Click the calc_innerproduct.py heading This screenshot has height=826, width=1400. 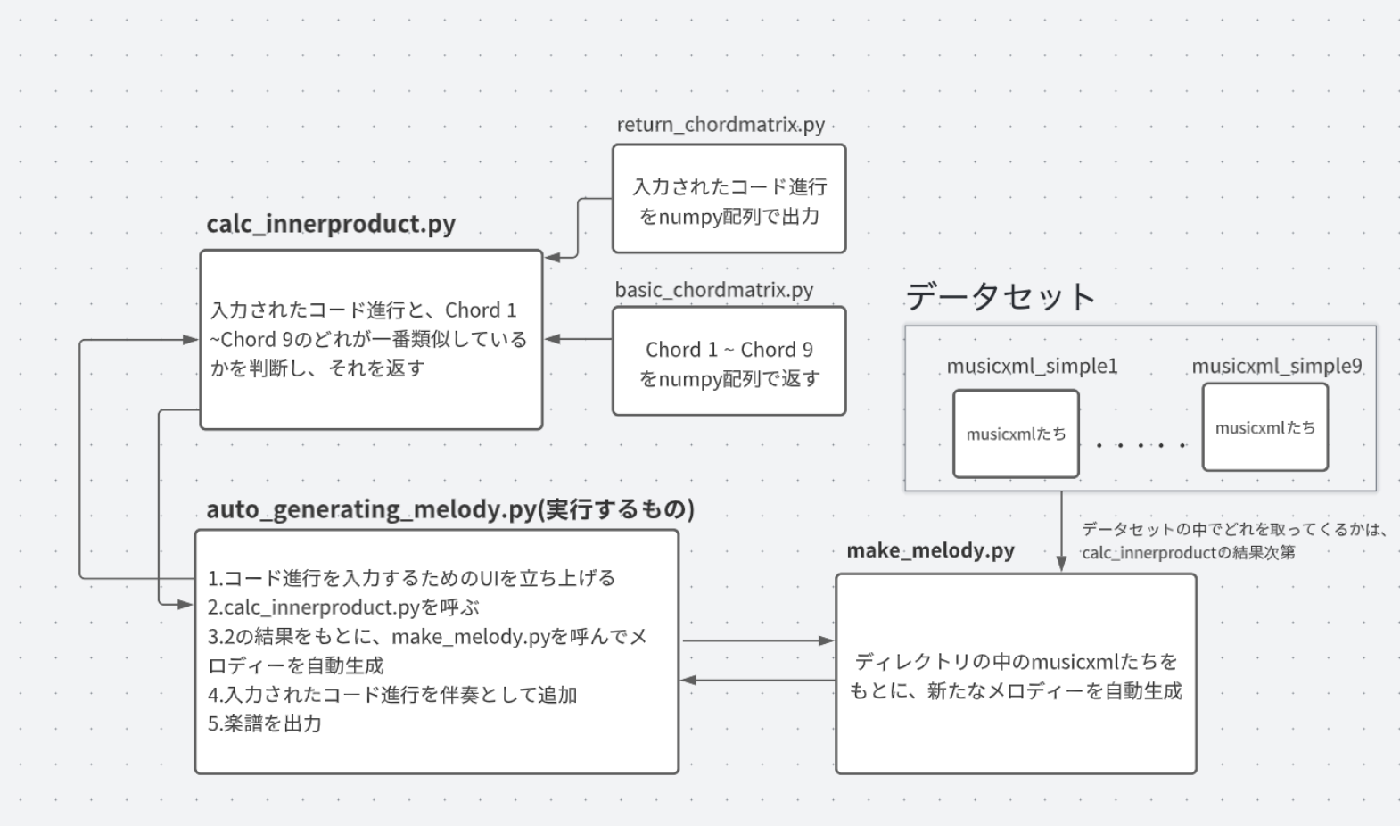tap(331, 224)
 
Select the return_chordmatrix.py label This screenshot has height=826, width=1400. tap(721, 125)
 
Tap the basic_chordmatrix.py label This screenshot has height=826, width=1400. tap(713, 290)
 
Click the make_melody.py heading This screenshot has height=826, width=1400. tap(930, 550)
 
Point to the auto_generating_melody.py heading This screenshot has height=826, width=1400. tap(450, 509)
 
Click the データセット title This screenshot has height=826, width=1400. tap(1001, 296)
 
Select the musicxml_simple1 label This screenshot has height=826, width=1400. tap(1032, 366)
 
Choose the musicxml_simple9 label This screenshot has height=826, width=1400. tap(1276, 366)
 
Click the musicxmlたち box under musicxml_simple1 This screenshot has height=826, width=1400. tap(1016, 434)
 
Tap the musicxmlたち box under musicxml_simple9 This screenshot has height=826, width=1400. tap(1264, 428)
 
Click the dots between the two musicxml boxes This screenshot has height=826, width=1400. tap(1141, 444)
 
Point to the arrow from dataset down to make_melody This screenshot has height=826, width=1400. tap(1061, 531)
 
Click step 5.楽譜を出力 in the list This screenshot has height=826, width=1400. tap(265, 723)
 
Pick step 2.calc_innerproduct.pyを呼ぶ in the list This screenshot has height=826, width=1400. tap(343, 607)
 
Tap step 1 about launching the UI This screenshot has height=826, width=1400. tap(411, 578)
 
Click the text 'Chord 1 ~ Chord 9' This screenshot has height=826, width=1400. tap(729, 350)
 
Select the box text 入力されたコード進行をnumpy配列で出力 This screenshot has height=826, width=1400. tap(729, 201)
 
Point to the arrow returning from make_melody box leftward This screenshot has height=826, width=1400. tap(758, 681)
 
